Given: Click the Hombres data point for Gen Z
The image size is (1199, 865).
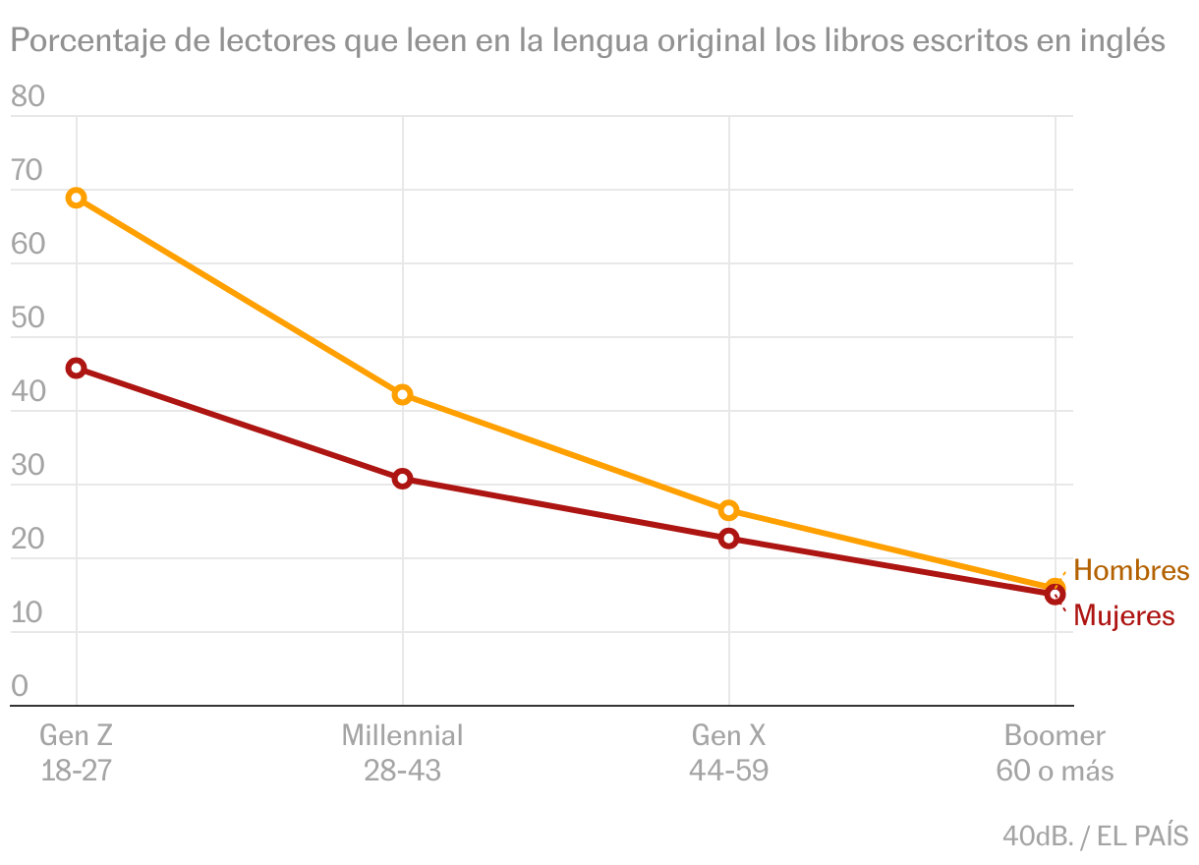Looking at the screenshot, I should (76, 198).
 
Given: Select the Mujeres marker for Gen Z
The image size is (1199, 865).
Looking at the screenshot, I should (76, 368).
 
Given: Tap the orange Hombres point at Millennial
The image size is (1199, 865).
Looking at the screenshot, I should (402, 394).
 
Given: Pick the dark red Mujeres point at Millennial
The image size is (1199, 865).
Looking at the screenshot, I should (402, 479).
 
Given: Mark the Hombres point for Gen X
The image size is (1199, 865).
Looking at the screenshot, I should (728, 510).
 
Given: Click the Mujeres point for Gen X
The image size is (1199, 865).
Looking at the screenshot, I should (728, 538).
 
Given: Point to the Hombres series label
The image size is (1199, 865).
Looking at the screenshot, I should (1130, 570).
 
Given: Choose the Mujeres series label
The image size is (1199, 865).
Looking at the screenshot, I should (1123, 615).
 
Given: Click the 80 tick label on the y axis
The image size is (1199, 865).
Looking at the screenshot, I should (28, 96).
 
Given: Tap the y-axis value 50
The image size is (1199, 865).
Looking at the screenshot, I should (28, 317).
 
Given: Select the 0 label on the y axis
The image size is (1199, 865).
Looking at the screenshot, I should (20, 686).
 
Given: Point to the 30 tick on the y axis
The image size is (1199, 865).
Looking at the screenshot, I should (28, 465).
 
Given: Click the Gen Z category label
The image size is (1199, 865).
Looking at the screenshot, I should (76, 735).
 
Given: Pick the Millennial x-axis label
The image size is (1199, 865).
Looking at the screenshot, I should (402, 735).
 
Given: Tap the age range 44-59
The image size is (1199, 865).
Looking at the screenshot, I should (728, 771).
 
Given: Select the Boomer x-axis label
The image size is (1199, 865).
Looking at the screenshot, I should (1055, 735).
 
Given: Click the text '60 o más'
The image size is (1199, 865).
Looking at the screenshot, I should (1055, 771).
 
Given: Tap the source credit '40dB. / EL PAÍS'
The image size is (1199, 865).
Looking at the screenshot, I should (1095, 836).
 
